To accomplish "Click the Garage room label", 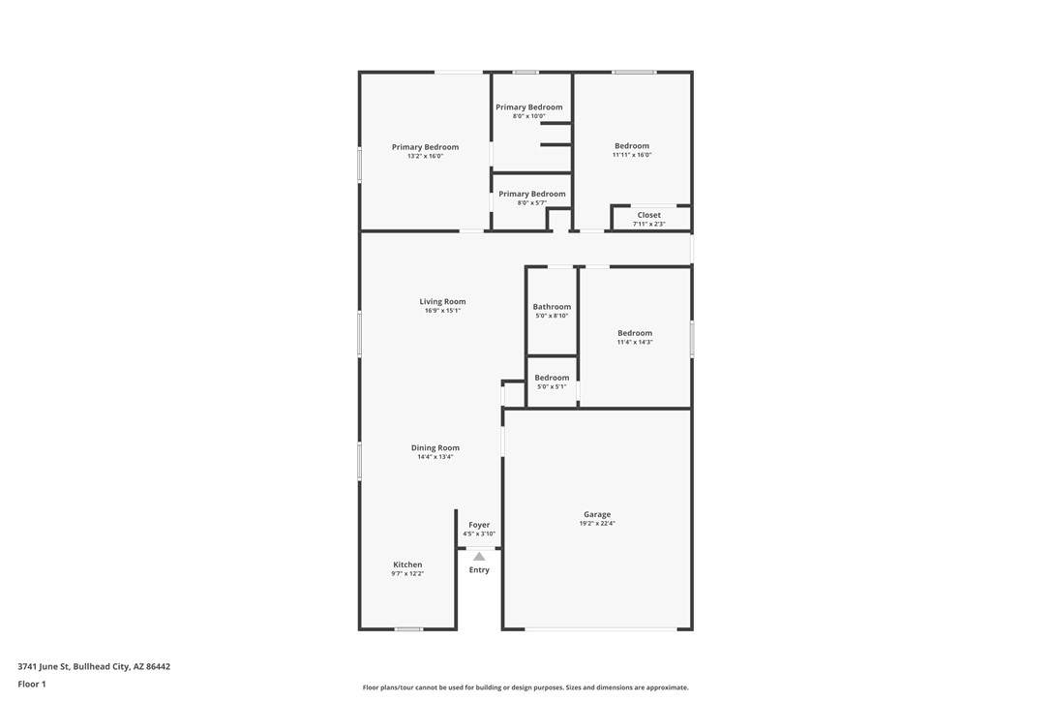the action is coord(596,514).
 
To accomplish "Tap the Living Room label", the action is coord(442,302).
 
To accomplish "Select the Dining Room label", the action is coord(435,448).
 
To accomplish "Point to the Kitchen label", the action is coord(407,564).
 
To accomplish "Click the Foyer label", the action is coord(479,525).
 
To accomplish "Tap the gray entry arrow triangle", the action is coord(479,556).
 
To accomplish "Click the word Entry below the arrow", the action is coord(479,570).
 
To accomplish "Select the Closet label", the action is coord(648,215).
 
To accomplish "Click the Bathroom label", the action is coord(552,307).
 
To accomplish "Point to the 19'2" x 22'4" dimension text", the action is coord(596,524).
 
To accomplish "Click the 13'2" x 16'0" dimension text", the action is coord(425,156).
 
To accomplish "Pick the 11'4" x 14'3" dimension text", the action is coord(635,342).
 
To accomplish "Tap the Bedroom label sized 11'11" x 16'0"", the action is coord(632,146).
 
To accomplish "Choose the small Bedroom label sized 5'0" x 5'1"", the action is coord(552,379).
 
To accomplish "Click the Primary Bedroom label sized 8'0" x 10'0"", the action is coord(528,107).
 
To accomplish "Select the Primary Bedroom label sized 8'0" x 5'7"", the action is coord(531,195).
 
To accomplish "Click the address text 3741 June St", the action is coord(44,667).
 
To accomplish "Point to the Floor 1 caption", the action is coord(32,685).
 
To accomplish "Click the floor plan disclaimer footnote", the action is coord(525,687).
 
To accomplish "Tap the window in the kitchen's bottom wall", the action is coord(408,629).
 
